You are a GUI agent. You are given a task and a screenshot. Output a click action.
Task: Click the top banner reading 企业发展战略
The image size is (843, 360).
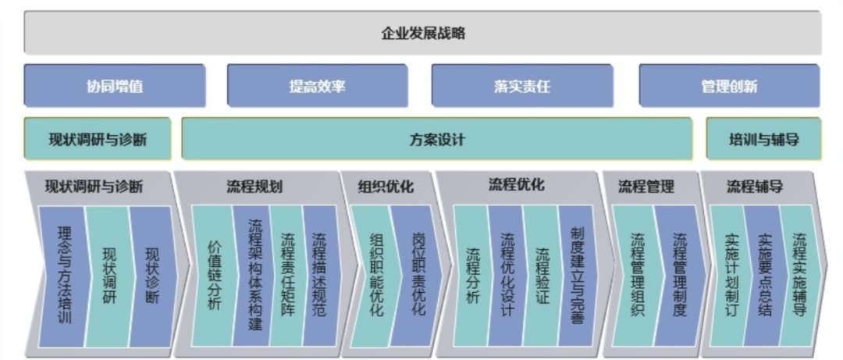[x=422, y=33]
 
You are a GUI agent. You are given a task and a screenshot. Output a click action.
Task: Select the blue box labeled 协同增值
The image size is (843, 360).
[x=115, y=86]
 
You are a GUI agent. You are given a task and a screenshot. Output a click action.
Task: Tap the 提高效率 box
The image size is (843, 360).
[x=317, y=86]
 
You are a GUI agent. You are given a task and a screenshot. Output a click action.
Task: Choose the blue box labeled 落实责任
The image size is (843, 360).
[x=521, y=86]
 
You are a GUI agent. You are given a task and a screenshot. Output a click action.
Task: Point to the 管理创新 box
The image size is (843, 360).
[x=728, y=86]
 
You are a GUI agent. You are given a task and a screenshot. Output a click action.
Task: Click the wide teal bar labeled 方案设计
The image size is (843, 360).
[x=437, y=140]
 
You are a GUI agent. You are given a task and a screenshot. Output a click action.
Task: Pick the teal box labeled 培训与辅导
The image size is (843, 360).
[x=763, y=140]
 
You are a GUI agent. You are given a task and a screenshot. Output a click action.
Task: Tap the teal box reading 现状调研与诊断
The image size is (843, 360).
[x=98, y=140]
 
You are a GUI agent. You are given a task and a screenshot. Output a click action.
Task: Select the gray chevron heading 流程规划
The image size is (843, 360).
[x=254, y=187]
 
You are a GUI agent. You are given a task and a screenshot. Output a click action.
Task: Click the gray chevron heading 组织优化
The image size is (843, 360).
[x=386, y=187]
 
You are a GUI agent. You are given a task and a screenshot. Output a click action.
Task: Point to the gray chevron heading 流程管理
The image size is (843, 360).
[x=646, y=187]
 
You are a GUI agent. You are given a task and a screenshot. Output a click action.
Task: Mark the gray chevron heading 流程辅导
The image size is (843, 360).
[x=755, y=187]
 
